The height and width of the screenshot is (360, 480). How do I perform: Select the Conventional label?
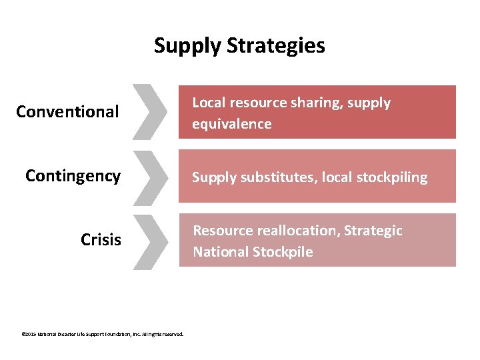pos(67,111)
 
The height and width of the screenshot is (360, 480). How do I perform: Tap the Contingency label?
pos(73,175)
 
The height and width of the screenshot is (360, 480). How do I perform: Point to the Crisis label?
pos(101,239)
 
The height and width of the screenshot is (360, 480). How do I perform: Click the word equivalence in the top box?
pos(231,124)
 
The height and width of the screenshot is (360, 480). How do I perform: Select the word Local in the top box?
pos(207,103)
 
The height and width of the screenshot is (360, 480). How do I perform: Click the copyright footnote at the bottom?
pos(102,334)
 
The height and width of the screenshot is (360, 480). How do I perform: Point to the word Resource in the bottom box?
pos(220,231)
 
